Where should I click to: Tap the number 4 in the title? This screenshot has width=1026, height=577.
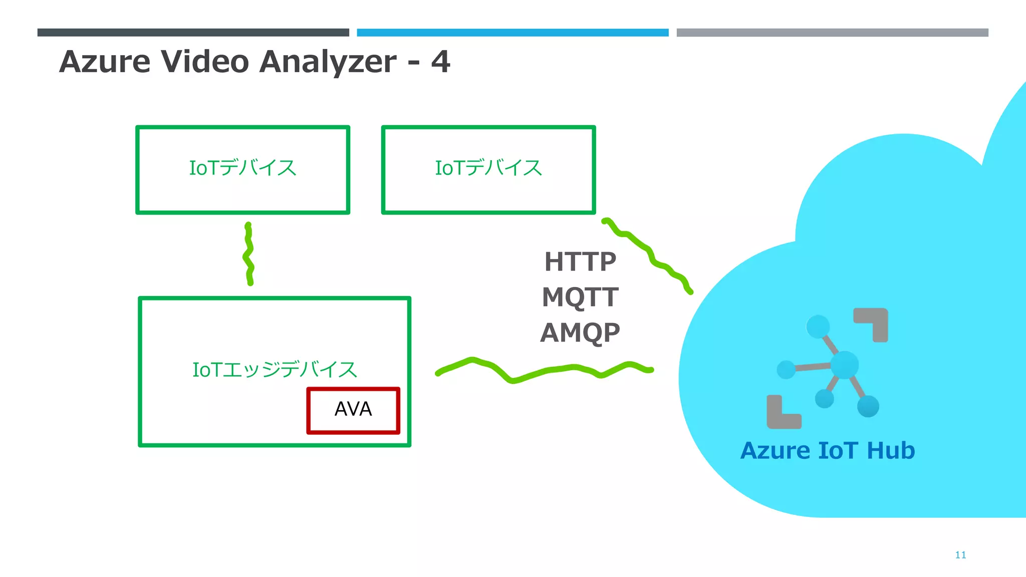click(x=440, y=62)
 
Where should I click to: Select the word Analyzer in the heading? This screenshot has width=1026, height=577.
click(x=328, y=62)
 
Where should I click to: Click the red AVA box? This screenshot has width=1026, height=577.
click(x=353, y=410)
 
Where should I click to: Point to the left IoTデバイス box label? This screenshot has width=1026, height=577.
click(x=242, y=168)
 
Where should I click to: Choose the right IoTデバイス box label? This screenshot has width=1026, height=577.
click(x=488, y=168)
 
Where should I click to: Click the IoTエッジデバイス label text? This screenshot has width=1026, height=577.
click(x=275, y=370)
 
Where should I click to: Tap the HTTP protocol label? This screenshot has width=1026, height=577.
click(x=580, y=262)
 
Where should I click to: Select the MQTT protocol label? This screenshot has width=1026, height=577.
click(x=580, y=297)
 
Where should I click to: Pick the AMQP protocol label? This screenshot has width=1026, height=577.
click(x=580, y=332)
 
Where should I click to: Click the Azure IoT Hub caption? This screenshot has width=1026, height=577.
click(x=827, y=450)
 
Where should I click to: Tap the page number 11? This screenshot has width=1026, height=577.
click(x=960, y=555)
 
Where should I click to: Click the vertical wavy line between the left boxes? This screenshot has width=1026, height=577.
click(x=248, y=254)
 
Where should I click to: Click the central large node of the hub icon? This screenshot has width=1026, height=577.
click(x=845, y=365)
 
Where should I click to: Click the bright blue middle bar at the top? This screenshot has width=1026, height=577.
click(x=512, y=33)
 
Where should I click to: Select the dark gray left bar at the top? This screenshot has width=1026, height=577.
click(x=193, y=33)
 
